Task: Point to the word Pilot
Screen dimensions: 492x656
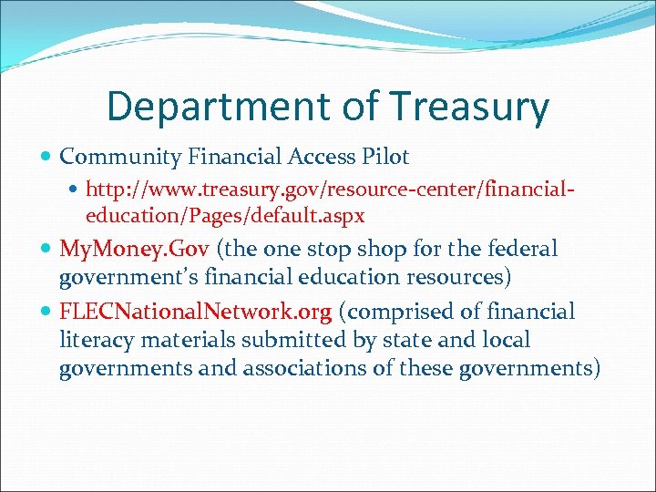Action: click(385, 158)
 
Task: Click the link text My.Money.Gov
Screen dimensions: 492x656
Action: click(135, 249)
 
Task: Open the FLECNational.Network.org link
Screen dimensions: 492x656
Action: click(195, 313)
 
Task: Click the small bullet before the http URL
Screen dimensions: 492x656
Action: click(76, 191)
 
